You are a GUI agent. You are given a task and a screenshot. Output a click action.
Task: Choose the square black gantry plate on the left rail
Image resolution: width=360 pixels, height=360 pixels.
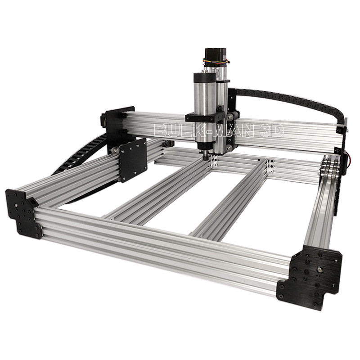pos(133,160)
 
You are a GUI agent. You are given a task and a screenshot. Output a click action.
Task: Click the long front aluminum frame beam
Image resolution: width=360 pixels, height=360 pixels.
pos(157,247)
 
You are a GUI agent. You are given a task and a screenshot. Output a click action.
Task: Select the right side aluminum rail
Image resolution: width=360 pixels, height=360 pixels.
pos(320,207)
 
